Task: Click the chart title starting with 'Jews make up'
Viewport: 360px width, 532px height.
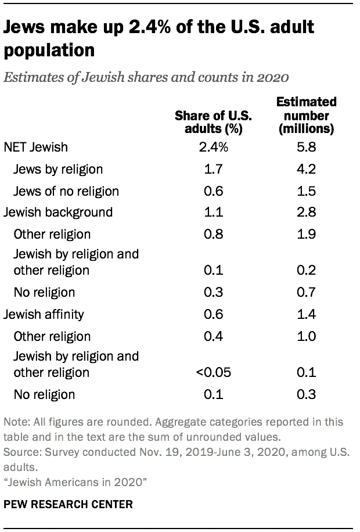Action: [x=159, y=38]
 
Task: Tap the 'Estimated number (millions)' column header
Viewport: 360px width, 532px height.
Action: [x=306, y=116]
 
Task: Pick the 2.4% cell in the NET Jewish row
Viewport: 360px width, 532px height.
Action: [x=213, y=147]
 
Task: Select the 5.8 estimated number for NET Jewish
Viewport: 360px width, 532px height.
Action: [x=306, y=147]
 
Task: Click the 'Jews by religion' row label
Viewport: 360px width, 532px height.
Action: [x=59, y=169]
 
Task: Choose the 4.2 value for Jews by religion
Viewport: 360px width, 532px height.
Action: [x=306, y=169]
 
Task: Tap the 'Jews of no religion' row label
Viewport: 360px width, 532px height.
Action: [x=67, y=191]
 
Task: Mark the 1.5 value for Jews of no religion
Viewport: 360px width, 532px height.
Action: [x=306, y=191]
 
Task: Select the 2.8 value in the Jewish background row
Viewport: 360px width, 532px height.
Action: [x=306, y=213]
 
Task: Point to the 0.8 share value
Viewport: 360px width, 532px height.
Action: [x=213, y=235]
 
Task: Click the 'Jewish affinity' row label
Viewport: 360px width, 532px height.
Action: [x=44, y=314]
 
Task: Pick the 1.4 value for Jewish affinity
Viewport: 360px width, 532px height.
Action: [x=306, y=314]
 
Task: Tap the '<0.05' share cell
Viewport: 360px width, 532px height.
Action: [x=213, y=372]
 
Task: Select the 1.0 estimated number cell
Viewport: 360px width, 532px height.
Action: [x=306, y=336]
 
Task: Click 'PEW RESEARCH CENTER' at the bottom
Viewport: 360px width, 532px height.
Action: [x=68, y=505]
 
